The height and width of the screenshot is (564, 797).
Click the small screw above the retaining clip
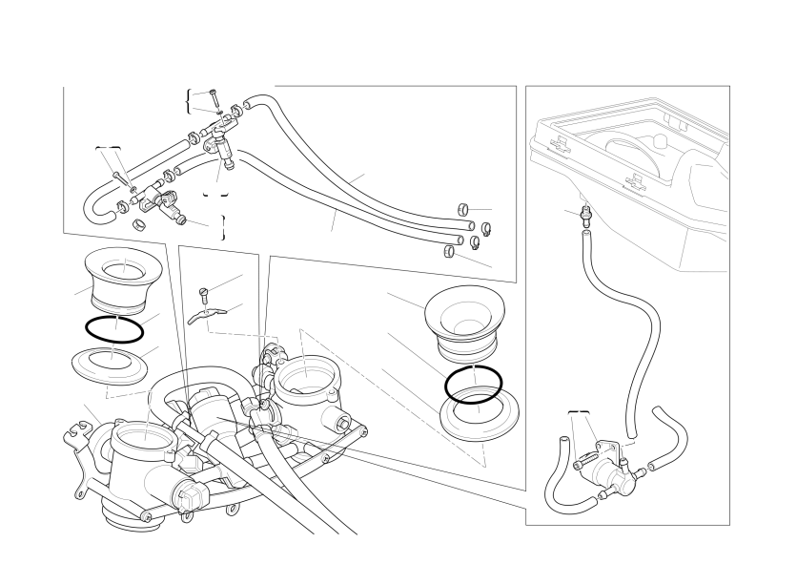coord(202,293)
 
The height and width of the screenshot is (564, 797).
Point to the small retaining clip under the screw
coord(205,314)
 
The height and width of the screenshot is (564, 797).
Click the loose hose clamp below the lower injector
coord(138,225)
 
